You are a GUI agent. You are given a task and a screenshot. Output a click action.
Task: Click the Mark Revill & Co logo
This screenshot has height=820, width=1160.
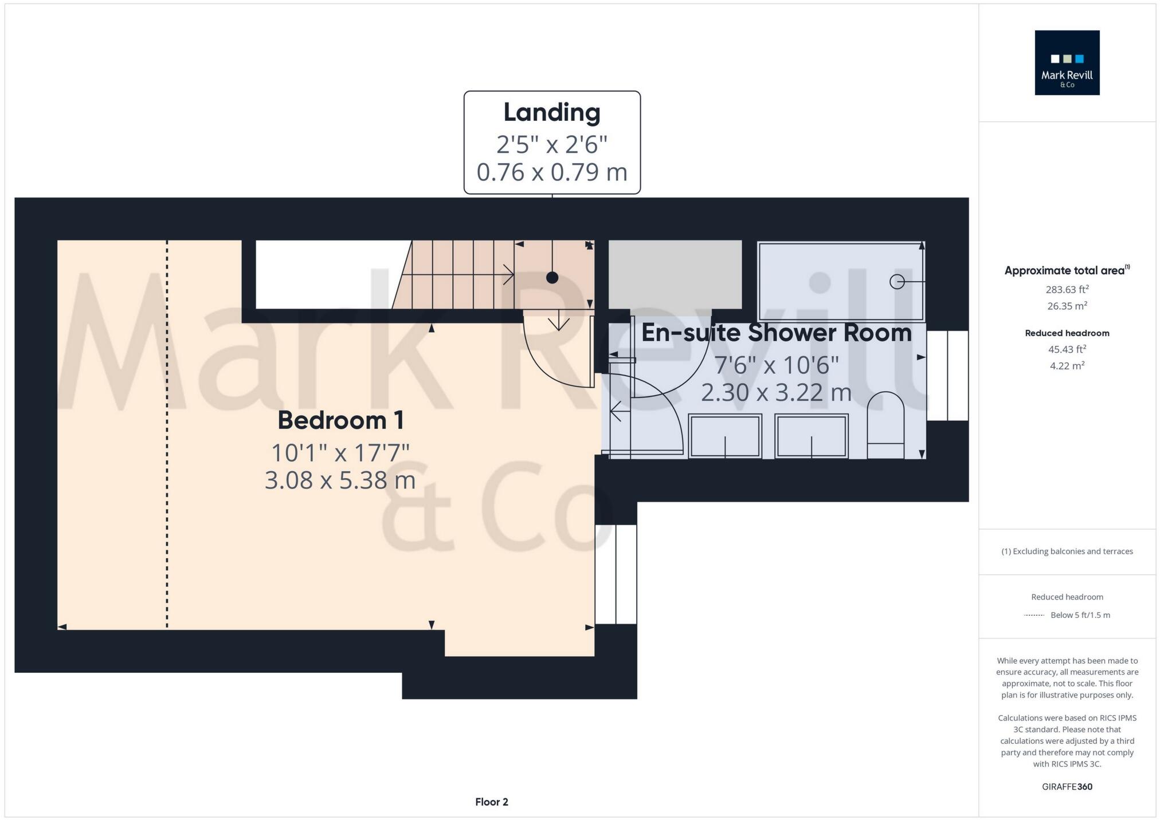click(1067, 62)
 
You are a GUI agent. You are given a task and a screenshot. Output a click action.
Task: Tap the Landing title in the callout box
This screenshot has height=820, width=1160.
click(552, 112)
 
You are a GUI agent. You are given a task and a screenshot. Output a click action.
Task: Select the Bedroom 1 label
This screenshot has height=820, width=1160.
click(341, 420)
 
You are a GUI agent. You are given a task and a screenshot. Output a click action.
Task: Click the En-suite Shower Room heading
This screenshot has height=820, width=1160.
click(776, 333)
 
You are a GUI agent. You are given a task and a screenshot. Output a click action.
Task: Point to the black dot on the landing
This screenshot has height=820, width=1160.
click(552, 278)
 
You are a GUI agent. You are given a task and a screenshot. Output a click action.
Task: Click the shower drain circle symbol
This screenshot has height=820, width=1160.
click(897, 282)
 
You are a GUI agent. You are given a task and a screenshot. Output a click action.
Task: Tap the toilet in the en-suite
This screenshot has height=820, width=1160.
click(885, 425)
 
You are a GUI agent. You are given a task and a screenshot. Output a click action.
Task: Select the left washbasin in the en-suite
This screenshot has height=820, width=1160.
click(725, 436)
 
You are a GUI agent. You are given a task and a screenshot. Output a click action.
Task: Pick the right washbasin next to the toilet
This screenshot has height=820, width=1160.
click(811, 436)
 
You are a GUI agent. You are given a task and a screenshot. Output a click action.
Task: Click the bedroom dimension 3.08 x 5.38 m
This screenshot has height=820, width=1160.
click(340, 480)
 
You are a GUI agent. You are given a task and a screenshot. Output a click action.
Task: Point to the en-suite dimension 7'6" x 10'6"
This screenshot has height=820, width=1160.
click(776, 365)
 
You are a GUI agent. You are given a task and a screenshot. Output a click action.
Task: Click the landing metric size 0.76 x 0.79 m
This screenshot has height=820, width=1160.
click(552, 172)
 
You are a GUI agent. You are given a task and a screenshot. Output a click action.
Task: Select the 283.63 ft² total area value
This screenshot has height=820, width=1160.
click(1067, 289)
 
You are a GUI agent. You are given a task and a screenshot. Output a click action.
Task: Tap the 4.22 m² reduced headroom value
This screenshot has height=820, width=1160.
click(1067, 365)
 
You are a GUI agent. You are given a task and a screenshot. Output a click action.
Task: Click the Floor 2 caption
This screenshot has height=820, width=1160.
click(491, 802)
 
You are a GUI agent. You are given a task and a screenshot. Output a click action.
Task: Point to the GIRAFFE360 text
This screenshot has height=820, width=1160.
click(1067, 787)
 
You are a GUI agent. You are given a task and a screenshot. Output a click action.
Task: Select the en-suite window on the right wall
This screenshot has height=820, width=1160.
click(947, 376)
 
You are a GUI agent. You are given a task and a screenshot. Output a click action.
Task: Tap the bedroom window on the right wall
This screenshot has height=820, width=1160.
click(616, 574)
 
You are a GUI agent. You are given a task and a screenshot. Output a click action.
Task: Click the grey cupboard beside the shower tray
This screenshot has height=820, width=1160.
click(675, 275)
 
